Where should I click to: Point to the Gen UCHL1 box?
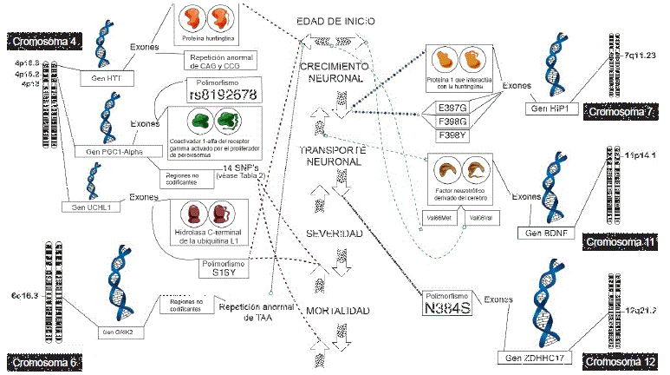click(x=91, y=207)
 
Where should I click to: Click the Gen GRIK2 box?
click(x=120, y=332)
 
